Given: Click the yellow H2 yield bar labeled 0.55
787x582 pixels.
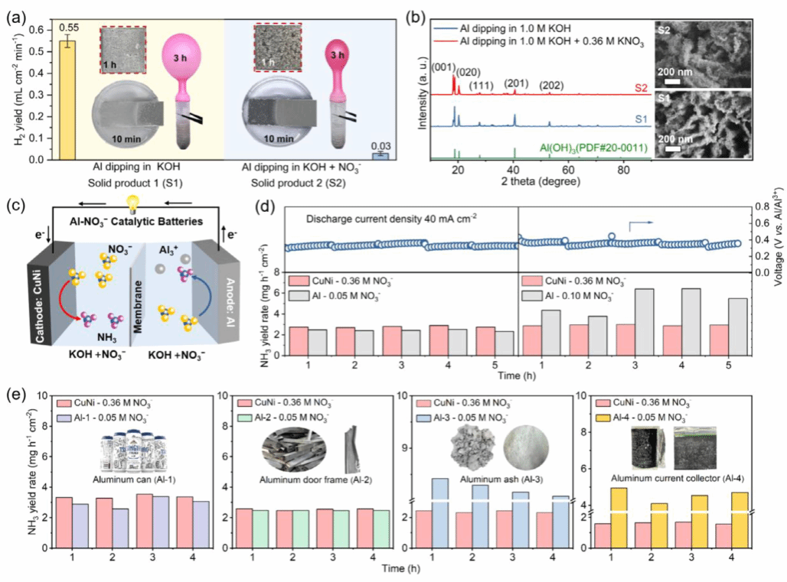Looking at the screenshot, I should [68, 99].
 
